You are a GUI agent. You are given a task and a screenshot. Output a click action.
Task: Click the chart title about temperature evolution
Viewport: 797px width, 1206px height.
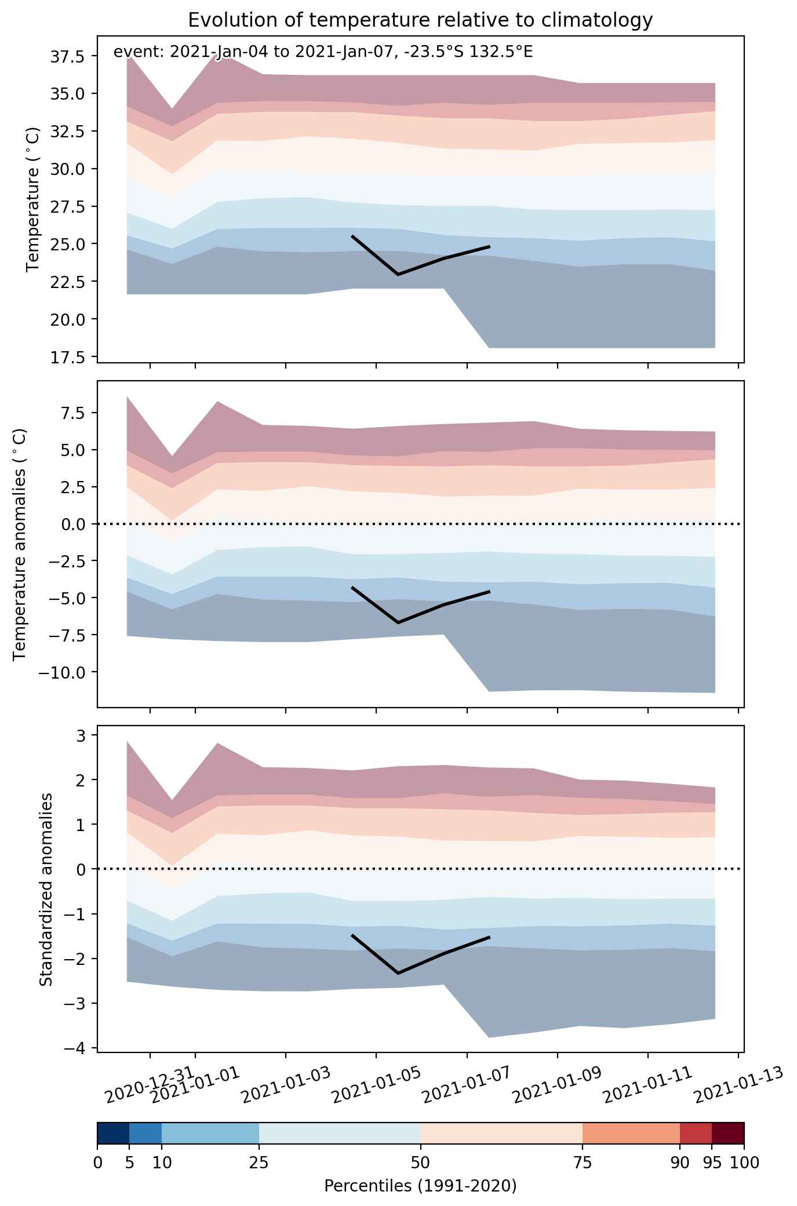[420, 20]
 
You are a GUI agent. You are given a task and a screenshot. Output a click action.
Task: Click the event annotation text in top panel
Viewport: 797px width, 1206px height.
[323, 52]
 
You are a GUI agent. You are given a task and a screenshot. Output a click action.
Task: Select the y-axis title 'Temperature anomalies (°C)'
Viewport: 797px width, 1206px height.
[20, 543]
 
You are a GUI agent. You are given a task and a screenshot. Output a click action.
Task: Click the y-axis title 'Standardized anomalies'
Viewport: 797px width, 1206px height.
[46, 888]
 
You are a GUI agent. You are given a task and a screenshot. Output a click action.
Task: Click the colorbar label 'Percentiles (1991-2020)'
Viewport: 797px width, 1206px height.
[420, 1186]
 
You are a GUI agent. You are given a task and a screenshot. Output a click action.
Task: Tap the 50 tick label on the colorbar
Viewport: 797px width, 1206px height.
[420, 1162]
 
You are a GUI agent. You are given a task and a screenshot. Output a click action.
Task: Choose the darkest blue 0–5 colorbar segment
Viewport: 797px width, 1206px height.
[113, 1133]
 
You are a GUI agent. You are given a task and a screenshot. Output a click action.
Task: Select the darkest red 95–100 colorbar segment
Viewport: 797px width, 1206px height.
[728, 1133]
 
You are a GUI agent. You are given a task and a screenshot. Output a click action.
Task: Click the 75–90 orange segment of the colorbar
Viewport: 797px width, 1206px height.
[631, 1133]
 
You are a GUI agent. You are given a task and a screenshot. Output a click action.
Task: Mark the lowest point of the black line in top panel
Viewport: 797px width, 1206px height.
[398, 274]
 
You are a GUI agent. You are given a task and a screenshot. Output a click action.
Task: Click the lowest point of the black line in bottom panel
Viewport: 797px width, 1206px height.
[398, 973]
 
